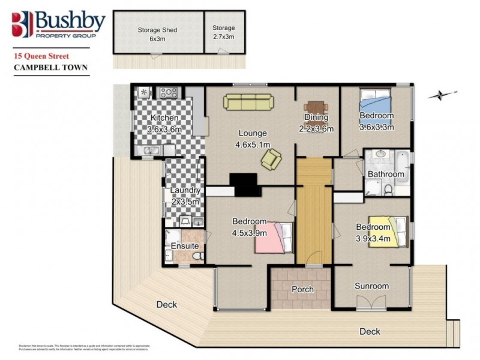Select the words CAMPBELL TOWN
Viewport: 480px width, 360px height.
point(50,68)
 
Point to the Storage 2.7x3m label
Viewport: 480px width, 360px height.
point(224,34)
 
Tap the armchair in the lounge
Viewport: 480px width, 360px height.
point(271,159)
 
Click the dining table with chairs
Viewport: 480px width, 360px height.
point(316,109)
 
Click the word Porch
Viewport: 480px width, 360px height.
point(302,289)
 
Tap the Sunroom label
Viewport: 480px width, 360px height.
point(371,286)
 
